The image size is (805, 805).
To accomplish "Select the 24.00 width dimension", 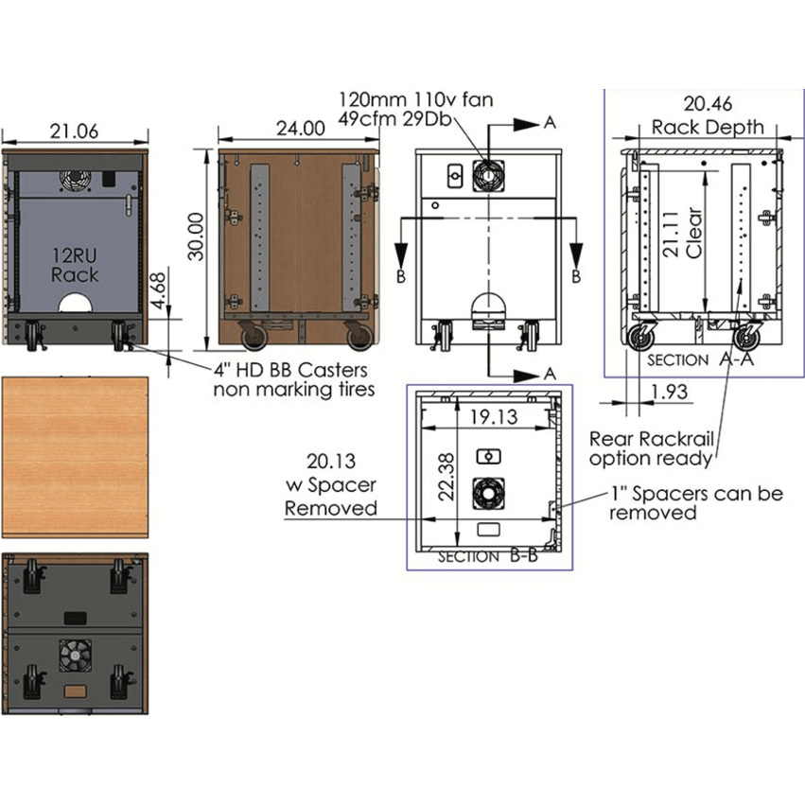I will click(299, 128).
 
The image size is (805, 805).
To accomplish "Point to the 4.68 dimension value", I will click(160, 288).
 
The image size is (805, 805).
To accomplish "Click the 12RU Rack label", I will click(75, 265).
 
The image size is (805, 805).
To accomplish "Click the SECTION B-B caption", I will click(488, 557).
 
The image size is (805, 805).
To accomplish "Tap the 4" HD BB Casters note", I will click(290, 379).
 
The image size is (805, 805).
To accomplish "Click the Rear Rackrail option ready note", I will click(651, 449).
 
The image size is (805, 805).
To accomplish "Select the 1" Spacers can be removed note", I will click(695, 502).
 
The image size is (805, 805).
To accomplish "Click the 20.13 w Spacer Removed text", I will click(330, 484).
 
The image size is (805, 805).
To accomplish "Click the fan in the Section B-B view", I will click(488, 490).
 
